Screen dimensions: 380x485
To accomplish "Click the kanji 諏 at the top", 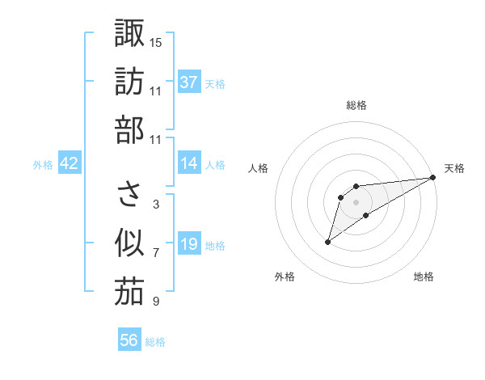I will click(x=129, y=34).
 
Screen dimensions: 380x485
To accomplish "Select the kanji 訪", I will click(x=129, y=82).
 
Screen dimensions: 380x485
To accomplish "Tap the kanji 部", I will click(x=129, y=130).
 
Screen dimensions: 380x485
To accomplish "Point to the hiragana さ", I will click(x=129, y=195).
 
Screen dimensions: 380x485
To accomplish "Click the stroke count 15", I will click(x=156, y=42).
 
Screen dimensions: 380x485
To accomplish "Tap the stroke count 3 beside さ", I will click(x=155, y=205).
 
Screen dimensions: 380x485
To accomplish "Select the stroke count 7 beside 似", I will click(x=155, y=253).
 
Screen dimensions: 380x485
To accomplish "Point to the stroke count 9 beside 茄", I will click(x=155, y=302).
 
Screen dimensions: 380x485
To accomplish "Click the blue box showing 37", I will click(x=189, y=82).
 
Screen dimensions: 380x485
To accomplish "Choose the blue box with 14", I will click(x=189, y=163).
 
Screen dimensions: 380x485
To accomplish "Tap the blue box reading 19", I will click(x=189, y=244).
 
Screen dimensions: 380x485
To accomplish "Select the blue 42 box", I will click(x=70, y=163).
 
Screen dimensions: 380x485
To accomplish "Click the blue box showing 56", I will click(x=129, y=340).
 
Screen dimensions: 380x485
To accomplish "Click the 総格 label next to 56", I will click(x=155, y=342).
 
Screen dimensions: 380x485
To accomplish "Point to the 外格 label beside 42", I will click(x=43, y=165).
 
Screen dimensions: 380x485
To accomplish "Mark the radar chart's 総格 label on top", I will click(x=356, y=106).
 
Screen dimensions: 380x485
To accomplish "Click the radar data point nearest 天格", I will click(x=433, y=177).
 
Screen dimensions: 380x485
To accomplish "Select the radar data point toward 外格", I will click(x=327, y=242).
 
